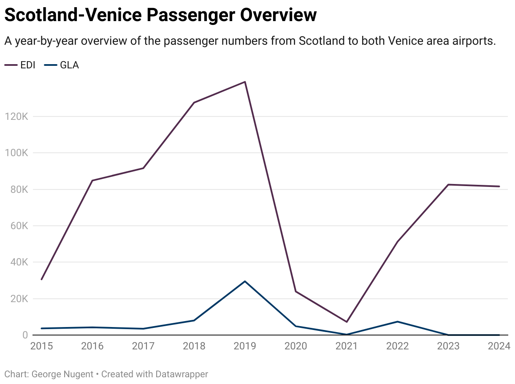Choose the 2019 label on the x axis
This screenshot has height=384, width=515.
245,346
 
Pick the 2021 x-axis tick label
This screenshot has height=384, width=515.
346,346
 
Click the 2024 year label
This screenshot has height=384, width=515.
499,346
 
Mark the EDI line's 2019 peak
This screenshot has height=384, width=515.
245,82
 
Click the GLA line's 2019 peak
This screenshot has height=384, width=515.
245,281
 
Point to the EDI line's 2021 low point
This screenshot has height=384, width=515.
347,322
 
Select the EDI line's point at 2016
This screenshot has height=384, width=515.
92,181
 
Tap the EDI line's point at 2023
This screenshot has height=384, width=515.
448,184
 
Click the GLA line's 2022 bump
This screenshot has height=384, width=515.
397,322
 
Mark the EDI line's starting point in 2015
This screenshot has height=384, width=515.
41,279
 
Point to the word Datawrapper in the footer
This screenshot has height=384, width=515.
182,374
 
